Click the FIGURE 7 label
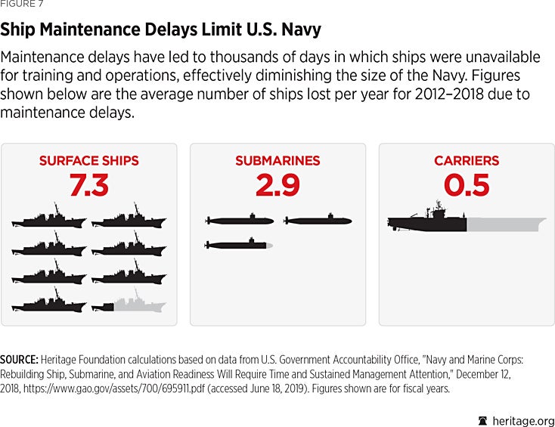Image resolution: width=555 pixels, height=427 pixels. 21,5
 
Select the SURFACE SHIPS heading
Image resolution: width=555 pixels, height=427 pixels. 88,161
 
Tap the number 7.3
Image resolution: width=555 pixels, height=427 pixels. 88,185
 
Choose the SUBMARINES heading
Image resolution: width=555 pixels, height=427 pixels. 277,161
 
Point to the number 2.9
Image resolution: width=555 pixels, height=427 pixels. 277,185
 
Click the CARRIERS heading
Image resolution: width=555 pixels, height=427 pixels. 467,161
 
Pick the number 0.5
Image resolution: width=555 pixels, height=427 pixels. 467,185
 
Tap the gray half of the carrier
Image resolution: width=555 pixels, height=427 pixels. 506,224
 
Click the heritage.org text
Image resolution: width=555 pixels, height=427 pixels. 522,420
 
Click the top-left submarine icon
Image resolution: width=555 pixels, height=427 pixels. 240,221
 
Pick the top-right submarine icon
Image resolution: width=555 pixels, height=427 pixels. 318,221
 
